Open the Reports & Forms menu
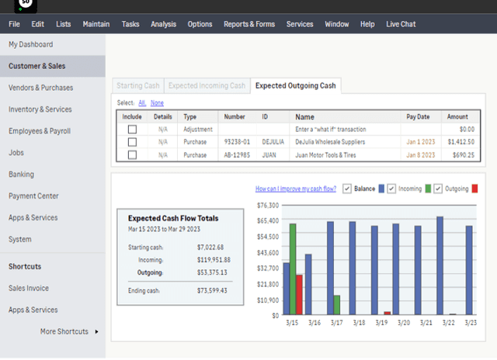coord(248,24)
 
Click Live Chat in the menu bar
coord(401,24)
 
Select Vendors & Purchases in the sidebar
coord(40,88)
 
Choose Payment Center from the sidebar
coord(33,196)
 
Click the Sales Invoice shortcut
coord(29,288)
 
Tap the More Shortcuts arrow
coord(97,331)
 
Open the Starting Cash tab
coord(137,85)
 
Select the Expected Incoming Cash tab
coord(207,85)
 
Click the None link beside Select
coord(157,103)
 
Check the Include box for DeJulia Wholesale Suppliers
coord(132,142)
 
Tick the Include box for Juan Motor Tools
coord(132,155)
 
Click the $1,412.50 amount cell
coord(461,142)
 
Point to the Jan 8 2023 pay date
coord(417,155)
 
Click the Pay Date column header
coord(417,117)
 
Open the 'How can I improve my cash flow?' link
coord(295,189)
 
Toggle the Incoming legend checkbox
coord(392,189)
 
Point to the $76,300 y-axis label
coord(266,205)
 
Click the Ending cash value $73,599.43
coord(212,290)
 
